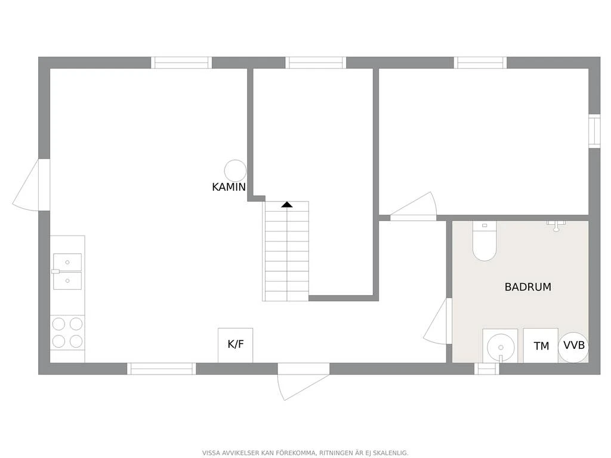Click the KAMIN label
point(229,187)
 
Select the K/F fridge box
point(235,345)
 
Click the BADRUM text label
point(527,287)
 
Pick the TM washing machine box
point(541,345)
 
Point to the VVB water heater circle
point(573,345)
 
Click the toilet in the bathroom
point(485,241)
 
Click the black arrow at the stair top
point(287,205)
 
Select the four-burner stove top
point(67,332)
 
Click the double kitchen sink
point(67,271)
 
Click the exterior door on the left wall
point(31,185)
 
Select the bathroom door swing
point(437,321)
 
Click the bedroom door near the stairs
point(413,206)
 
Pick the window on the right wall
point(595,131)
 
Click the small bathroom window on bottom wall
point(487,369)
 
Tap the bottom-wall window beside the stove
point(161,369)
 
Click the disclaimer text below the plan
point(305,453)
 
